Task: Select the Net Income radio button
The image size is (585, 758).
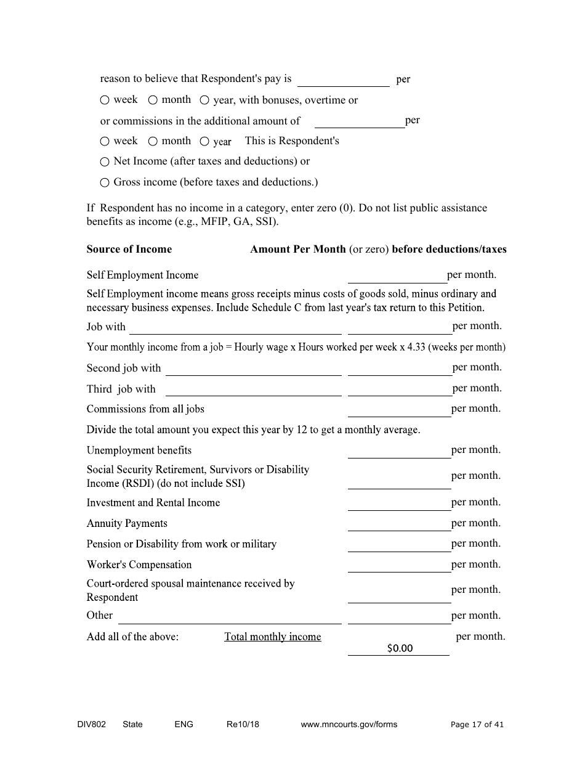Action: [x=105, y=162]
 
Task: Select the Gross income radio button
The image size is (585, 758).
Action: [x=105, y=183]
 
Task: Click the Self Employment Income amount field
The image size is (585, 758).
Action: [x=397, y=275]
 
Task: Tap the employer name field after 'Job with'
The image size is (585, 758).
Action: [x=235, y=327]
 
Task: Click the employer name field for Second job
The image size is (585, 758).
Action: [x=253, y=368]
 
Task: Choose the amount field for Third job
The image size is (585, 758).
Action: [x=399, y=389]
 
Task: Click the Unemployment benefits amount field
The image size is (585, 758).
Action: [x=399, y=450]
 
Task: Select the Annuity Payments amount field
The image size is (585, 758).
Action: [x=399, y=523]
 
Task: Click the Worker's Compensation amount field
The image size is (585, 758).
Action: [x=399, y=564]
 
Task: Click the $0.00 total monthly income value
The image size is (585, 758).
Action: [x=399, y=648]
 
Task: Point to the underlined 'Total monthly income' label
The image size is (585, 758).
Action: [x=272, y=637]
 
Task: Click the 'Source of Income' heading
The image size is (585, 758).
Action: [x=129, y=250]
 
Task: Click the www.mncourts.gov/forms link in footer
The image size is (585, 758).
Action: [x=349, y=725]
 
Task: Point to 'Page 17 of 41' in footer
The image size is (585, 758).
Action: [x=477, y=725]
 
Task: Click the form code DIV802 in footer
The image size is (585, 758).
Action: [x=87, y=725]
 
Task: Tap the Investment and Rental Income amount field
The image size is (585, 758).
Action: [x=399, y=503]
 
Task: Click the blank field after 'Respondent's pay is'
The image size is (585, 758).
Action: [x=343, y=79]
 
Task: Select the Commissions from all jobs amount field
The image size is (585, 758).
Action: [x=399, y=409]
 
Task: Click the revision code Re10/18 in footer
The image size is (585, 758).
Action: [x=243, y=725]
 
